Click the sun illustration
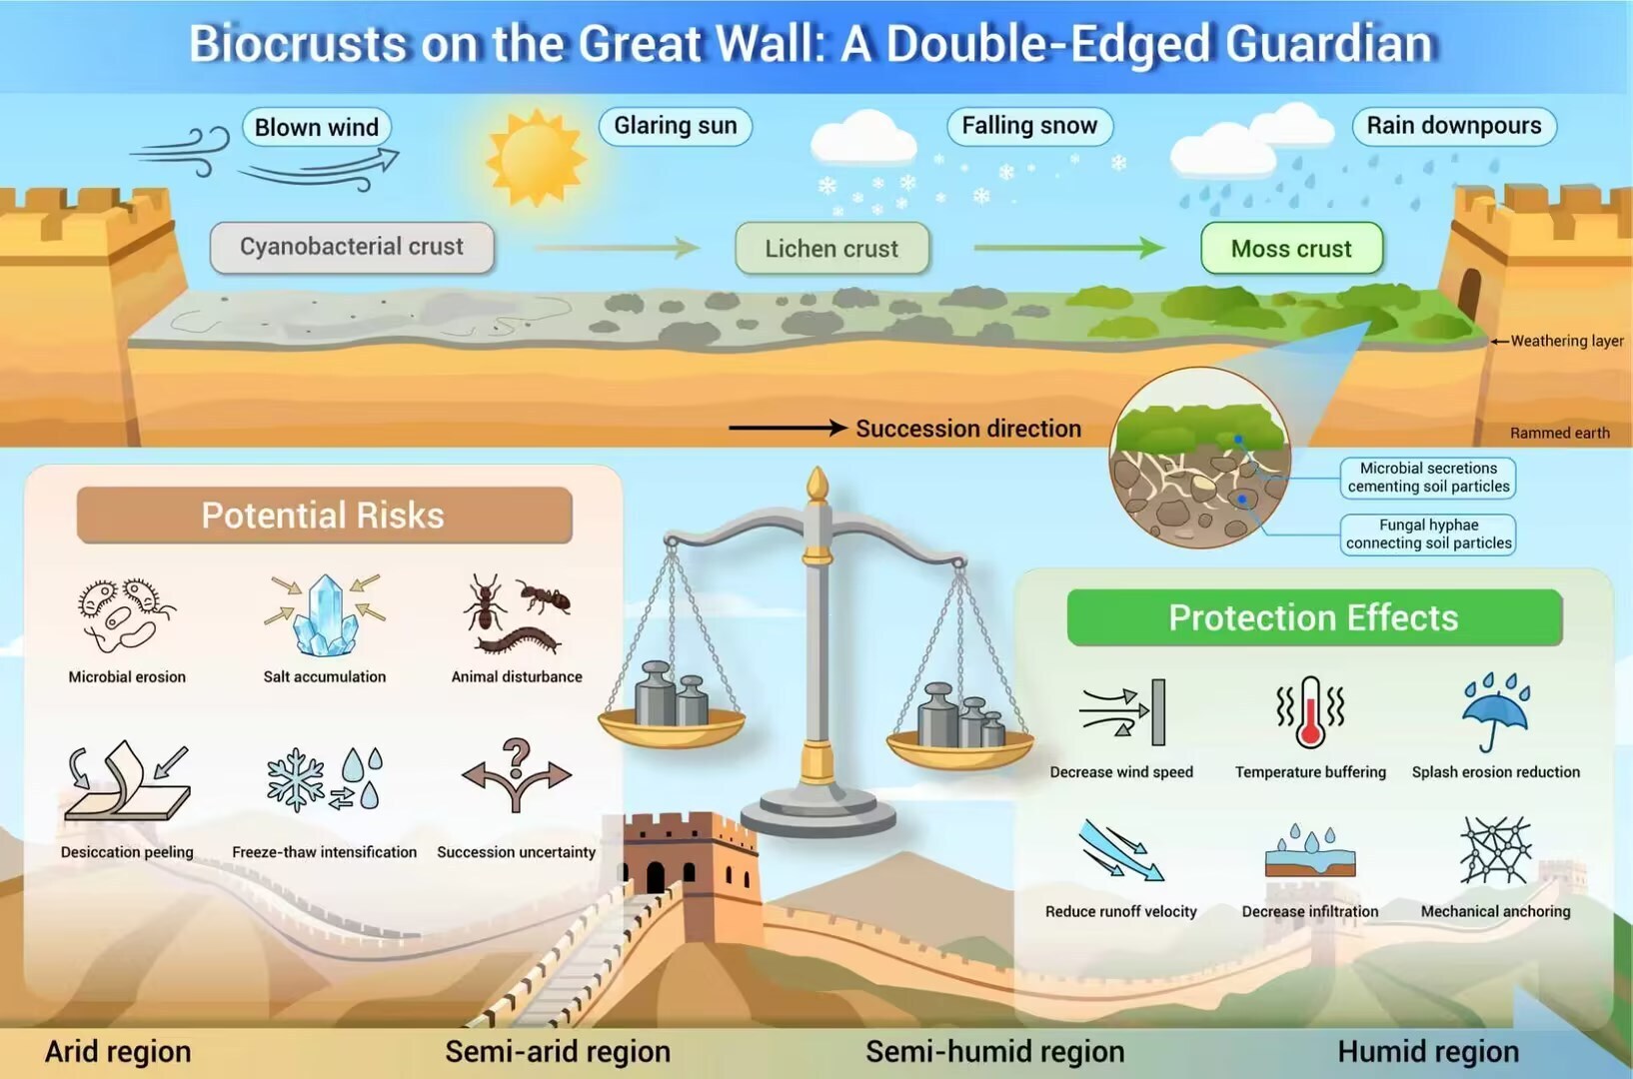537,158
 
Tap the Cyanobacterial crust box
352,247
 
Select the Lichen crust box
831,249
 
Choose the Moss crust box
1291,249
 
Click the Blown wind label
317,127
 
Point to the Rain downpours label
1454,125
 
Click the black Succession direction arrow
789,428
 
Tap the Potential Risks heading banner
324,516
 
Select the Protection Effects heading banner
1313,617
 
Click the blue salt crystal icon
326,615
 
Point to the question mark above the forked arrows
516,758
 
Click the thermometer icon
1310,711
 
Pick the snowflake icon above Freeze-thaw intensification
295,779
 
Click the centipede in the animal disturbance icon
518,640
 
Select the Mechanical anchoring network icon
1495,850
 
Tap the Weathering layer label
1567,341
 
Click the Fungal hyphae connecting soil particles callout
1428,535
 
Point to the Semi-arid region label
558,1051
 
